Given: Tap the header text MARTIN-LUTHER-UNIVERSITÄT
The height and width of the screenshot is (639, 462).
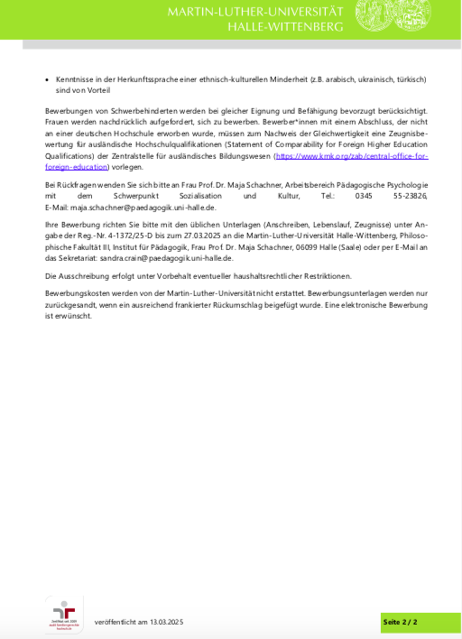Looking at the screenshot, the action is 255,11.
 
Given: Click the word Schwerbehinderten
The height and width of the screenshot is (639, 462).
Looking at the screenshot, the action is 129,110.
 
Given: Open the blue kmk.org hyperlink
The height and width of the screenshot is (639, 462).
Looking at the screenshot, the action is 352,156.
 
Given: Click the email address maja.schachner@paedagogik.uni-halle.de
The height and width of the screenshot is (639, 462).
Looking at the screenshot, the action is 143,207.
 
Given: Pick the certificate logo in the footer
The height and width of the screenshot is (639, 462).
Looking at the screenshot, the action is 64,615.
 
